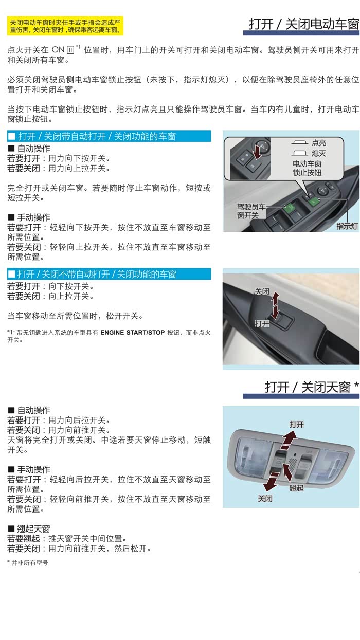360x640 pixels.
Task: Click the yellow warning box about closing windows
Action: point(65,26)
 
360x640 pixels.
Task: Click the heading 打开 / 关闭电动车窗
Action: point(304,24)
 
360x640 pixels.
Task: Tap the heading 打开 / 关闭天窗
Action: point(312,387)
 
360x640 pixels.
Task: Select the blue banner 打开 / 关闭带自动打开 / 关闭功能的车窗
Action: point(109,136)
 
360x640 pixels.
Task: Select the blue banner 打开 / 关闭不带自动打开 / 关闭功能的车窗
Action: point(109,275)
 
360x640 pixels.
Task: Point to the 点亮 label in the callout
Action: point(319,142)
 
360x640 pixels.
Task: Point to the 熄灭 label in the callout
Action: point(319,153)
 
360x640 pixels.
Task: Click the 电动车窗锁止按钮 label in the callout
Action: point(307,168)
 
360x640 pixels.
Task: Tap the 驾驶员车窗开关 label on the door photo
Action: point(251,211)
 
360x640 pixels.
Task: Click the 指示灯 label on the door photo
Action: point(347,226)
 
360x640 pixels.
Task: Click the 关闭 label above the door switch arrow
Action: point(262,291)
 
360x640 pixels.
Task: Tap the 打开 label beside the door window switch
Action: point(262,323)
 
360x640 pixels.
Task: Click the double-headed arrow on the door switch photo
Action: point(275,305)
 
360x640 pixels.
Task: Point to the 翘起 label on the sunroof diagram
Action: point(296,488)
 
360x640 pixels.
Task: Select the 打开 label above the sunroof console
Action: point(296,424)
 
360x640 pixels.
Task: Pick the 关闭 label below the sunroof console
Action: point(265,499)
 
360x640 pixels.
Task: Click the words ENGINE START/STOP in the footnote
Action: point(132,332)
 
